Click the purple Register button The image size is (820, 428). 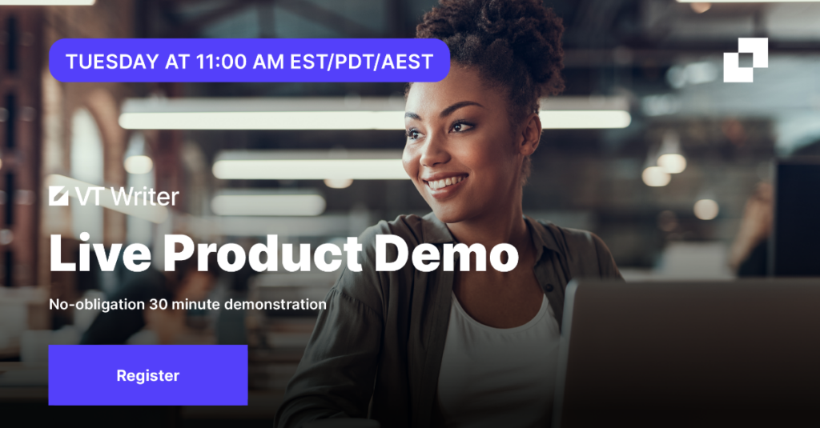click(148, 374)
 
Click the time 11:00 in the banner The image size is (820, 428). click(221, 62)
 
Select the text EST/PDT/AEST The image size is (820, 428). click(361, 62)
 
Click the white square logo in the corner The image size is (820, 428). click(746, 59)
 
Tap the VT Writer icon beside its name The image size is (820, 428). click(58, 196)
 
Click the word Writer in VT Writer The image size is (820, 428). click(145, 197)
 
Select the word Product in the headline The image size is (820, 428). click(263, 253)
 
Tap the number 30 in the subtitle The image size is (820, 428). click(159, 304)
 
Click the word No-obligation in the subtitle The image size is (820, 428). click(97, 305)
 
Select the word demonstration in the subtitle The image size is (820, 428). click(275, 304)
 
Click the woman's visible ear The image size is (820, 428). click(533, 134)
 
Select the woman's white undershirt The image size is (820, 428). click(496, 366)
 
